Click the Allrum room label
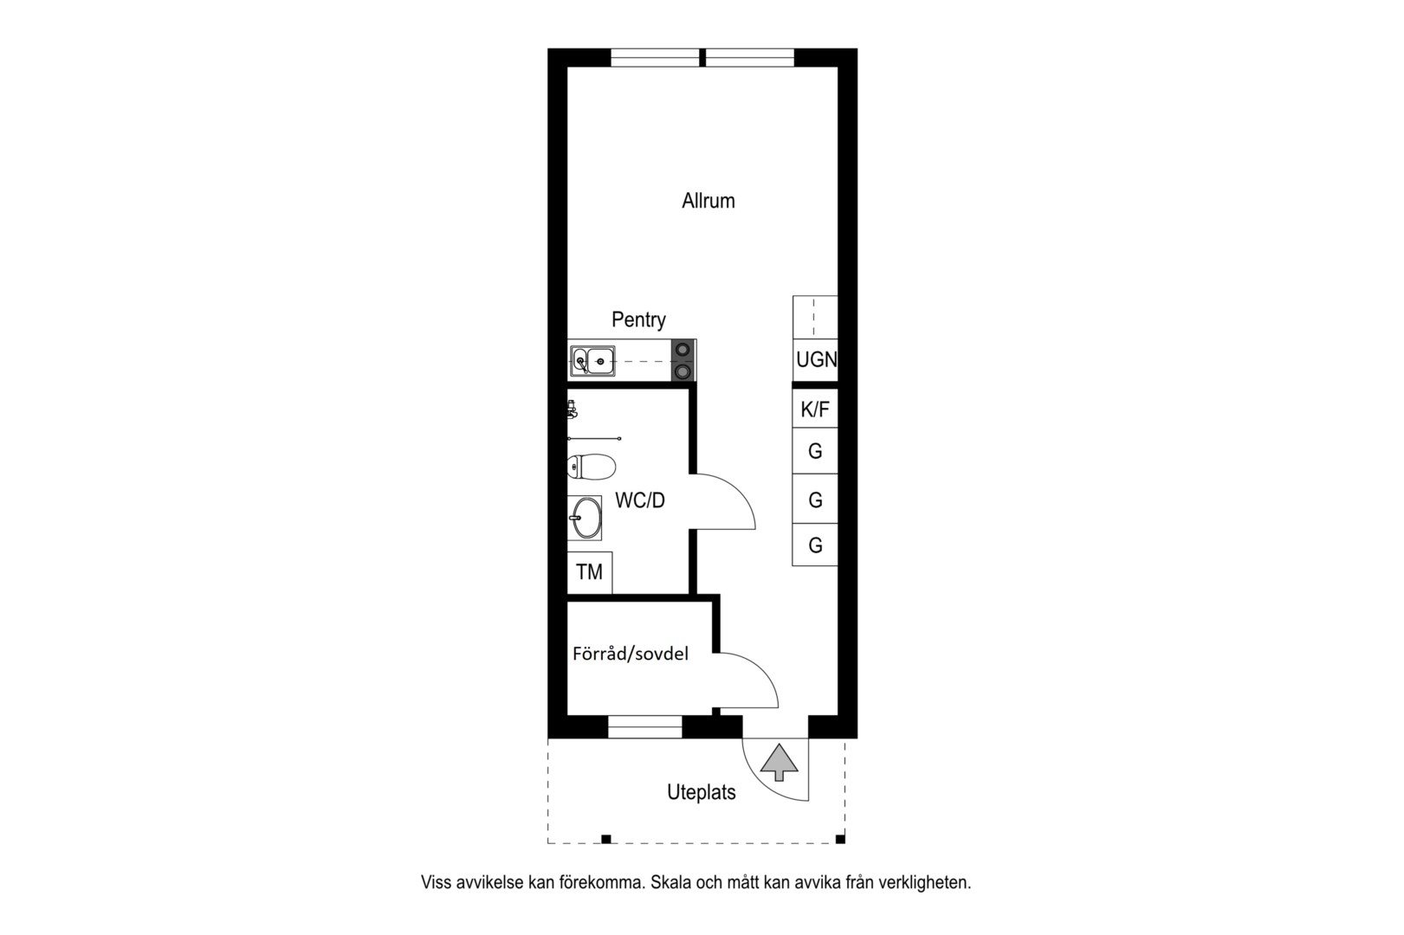pos(708,201)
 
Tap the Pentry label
pos(638,319)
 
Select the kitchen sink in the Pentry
pos(592,361)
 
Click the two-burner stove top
pos(683,359)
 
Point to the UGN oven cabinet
pos(815,359)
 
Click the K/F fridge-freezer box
pos(815,409)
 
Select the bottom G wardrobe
pos(815,545)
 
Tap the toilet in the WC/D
pos(591,467)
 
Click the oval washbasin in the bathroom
pos(586,519)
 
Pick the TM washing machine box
pos(590,572)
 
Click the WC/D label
pos(640,500)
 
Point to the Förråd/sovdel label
pos(630,654)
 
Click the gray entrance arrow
pos(780,762)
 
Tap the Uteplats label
pos(701,792)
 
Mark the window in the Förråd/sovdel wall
pos(645,727)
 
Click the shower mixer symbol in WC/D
pos(572,409)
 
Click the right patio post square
pos(840,839)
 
